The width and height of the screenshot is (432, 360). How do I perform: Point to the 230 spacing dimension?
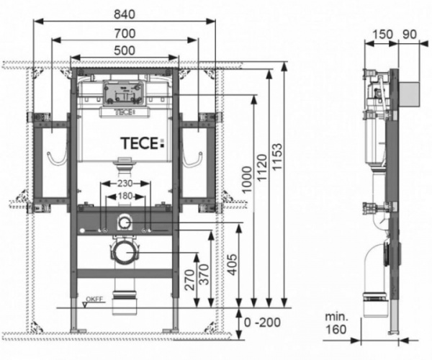tap(127, 183)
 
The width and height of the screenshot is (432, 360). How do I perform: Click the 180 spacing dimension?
tap(127, 197)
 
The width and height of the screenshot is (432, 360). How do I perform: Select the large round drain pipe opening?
tap(125, 253)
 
